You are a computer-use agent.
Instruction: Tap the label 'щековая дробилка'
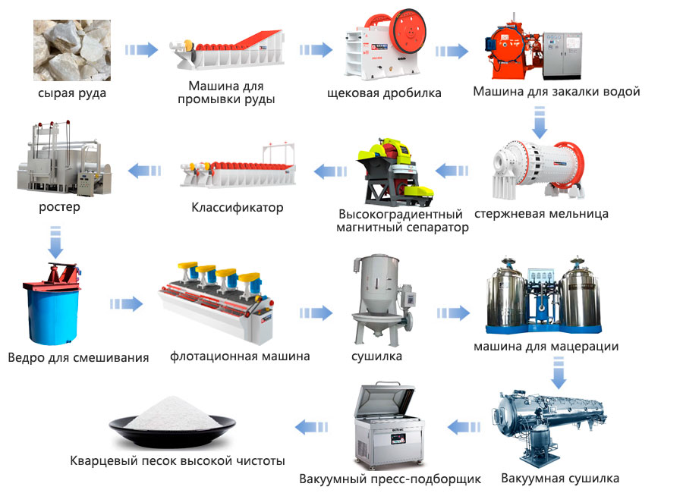384,93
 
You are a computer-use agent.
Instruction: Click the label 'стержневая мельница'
541,214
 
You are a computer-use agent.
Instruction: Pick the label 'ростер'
60,207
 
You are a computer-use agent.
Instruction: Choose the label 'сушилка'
377,356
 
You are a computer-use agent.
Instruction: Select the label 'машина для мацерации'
546,347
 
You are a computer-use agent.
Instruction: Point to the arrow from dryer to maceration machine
453,312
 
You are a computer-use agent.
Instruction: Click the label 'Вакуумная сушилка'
560,479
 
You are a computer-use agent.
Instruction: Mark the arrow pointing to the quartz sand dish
312,427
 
